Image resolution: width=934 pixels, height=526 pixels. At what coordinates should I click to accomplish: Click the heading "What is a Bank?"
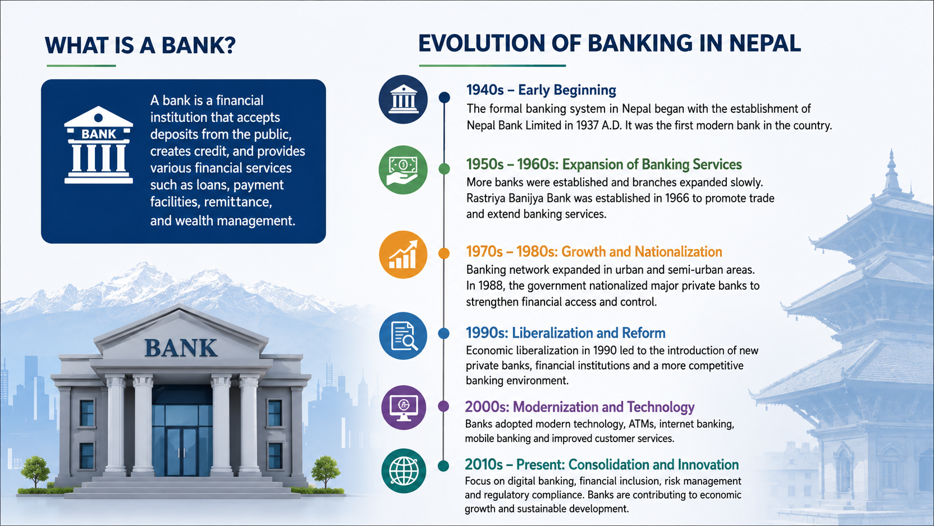point(140,45)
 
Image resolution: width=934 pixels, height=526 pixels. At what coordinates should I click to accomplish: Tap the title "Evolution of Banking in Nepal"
point(609,44)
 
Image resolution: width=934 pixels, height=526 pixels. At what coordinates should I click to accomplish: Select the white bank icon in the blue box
point(98,145)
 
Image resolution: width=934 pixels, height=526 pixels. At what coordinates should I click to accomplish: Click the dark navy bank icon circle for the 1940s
point(403,99)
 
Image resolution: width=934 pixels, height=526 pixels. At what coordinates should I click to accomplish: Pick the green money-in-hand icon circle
point(403,170)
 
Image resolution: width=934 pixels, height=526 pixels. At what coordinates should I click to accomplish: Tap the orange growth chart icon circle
point(403,254)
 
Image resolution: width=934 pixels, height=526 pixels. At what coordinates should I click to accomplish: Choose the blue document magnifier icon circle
point(403,336)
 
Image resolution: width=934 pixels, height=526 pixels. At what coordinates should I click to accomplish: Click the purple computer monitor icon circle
point(404,407)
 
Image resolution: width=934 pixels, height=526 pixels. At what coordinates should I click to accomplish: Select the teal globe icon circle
point(404,471)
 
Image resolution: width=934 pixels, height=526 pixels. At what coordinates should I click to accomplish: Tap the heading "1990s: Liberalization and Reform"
point(565,333)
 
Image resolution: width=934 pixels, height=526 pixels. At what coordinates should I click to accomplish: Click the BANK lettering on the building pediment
point(181,348)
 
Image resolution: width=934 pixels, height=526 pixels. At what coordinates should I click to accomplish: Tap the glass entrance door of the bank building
point(182,452)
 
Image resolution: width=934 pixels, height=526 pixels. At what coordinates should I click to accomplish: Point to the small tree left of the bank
point(35,472)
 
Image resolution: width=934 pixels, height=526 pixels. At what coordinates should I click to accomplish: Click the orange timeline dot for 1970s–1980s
point(444,253)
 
